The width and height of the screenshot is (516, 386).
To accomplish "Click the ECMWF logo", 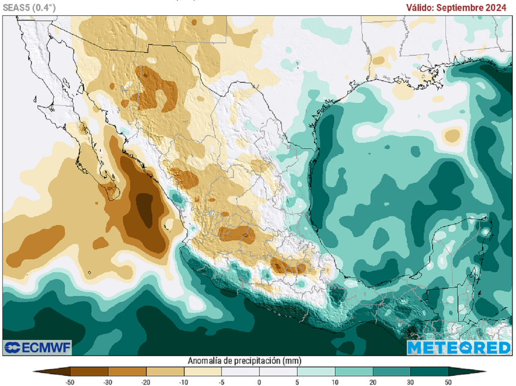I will click(37, 347).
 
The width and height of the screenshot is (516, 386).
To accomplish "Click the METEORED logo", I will click(459, 347).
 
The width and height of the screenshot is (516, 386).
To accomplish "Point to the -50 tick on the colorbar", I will click(70, 382).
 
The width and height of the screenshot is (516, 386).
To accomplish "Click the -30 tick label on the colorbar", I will click(108, 382).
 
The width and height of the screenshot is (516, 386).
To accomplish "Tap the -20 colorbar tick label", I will click(146, 382).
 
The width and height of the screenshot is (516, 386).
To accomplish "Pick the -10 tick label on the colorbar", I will click(183, 382).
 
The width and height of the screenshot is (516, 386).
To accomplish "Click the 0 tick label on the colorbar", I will click(260, 382).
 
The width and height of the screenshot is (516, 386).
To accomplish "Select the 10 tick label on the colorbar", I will click(335, 382).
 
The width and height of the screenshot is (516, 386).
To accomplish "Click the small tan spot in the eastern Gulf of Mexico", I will click(453, 135).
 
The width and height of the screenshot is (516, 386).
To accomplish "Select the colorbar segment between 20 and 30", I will click(392, 372).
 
